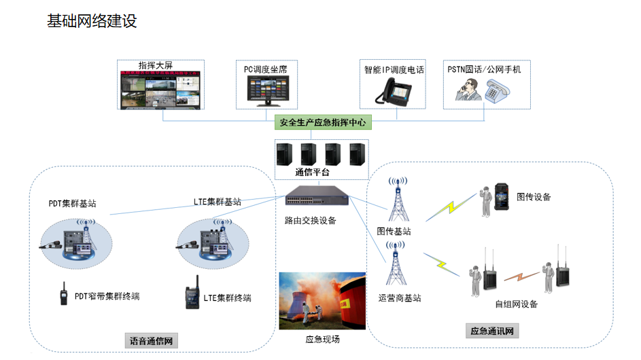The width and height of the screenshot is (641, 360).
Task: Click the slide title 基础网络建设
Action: [x=92, y=21]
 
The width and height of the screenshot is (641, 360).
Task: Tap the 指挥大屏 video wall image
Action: [x=160, y=89]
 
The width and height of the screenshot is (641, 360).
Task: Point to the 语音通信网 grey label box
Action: [x=152, y=340]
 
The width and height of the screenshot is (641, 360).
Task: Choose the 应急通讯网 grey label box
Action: [x=495, y=331]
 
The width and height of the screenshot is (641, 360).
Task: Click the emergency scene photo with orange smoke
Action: [x=322, y=301]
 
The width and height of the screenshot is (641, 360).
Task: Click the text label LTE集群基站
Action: [x=218, y=202]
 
